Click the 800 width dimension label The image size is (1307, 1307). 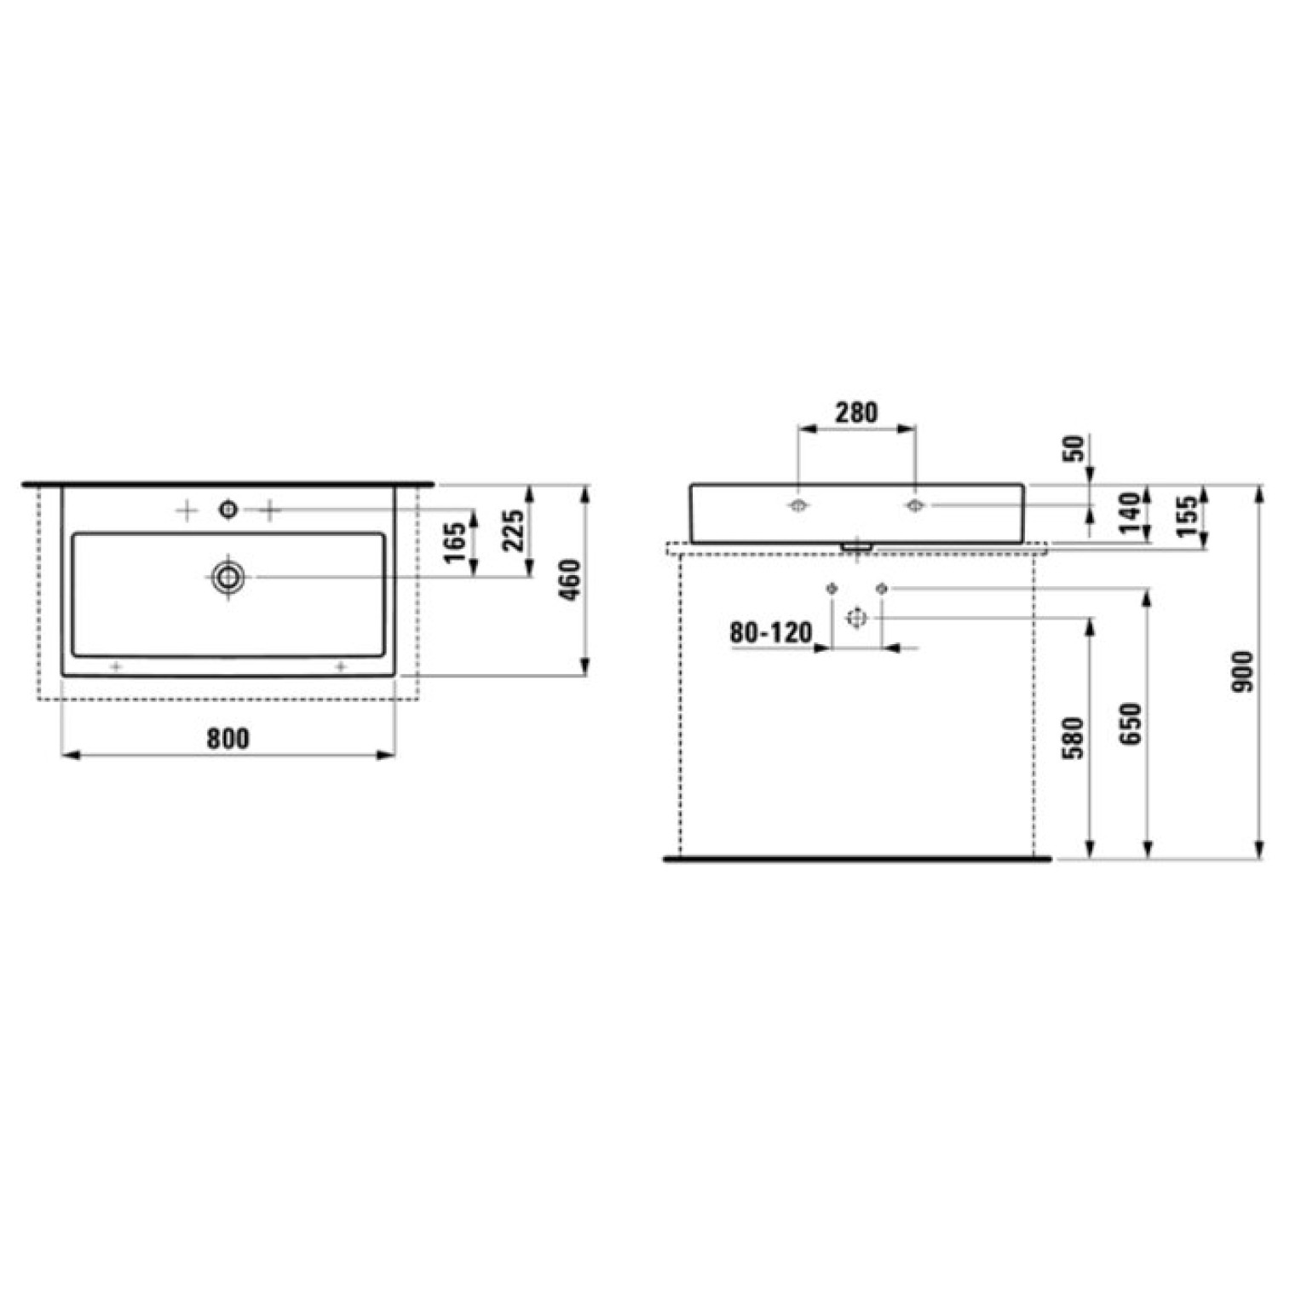[228, 738]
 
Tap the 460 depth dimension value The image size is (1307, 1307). [570, 580]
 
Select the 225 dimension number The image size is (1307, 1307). [514, 531]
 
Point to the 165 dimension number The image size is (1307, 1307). [456, 543]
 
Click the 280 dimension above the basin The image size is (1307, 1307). [855, 412]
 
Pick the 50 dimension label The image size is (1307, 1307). [1076, 448]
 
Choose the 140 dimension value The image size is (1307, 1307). [1130, 512]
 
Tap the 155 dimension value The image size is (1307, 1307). [1187, 516]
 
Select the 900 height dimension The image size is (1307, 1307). [1243, 671]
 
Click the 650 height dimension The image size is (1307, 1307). [1130, 723]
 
